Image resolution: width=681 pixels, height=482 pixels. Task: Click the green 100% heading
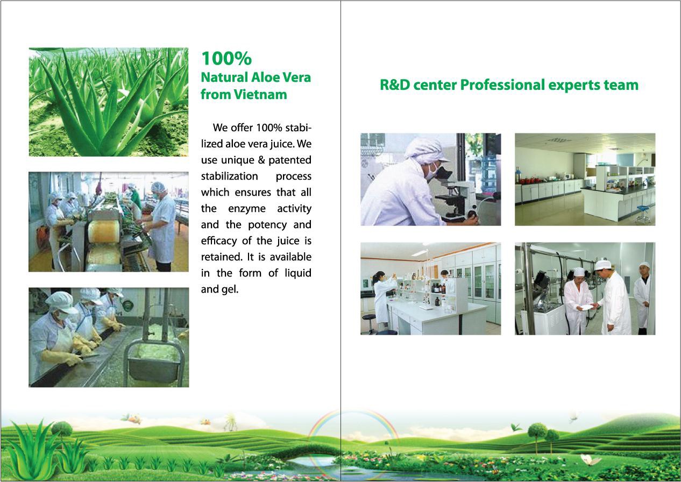226,58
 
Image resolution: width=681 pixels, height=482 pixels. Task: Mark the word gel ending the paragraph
229,289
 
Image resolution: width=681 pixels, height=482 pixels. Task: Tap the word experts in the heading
583,85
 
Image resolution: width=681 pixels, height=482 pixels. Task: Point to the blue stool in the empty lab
642,212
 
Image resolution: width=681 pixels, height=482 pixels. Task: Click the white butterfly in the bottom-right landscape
590,460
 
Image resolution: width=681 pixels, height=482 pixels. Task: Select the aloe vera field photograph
108,102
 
